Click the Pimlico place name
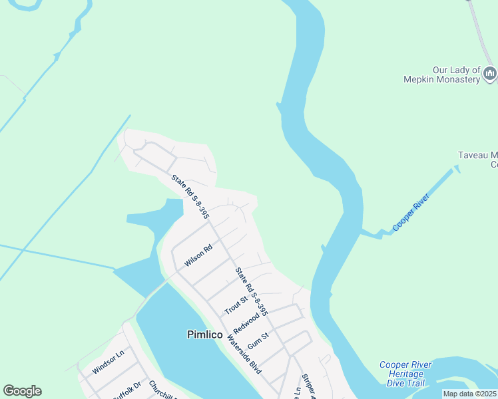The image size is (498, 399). point(204,334)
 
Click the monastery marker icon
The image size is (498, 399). point(490,72)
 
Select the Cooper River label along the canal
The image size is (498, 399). point(412,212)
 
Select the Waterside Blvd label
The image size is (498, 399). point(244,353)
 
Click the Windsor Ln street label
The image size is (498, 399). point(109,363)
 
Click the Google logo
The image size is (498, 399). point(22,391)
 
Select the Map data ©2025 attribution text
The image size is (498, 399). point(470,394)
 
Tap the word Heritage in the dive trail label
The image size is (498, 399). point(405,374)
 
